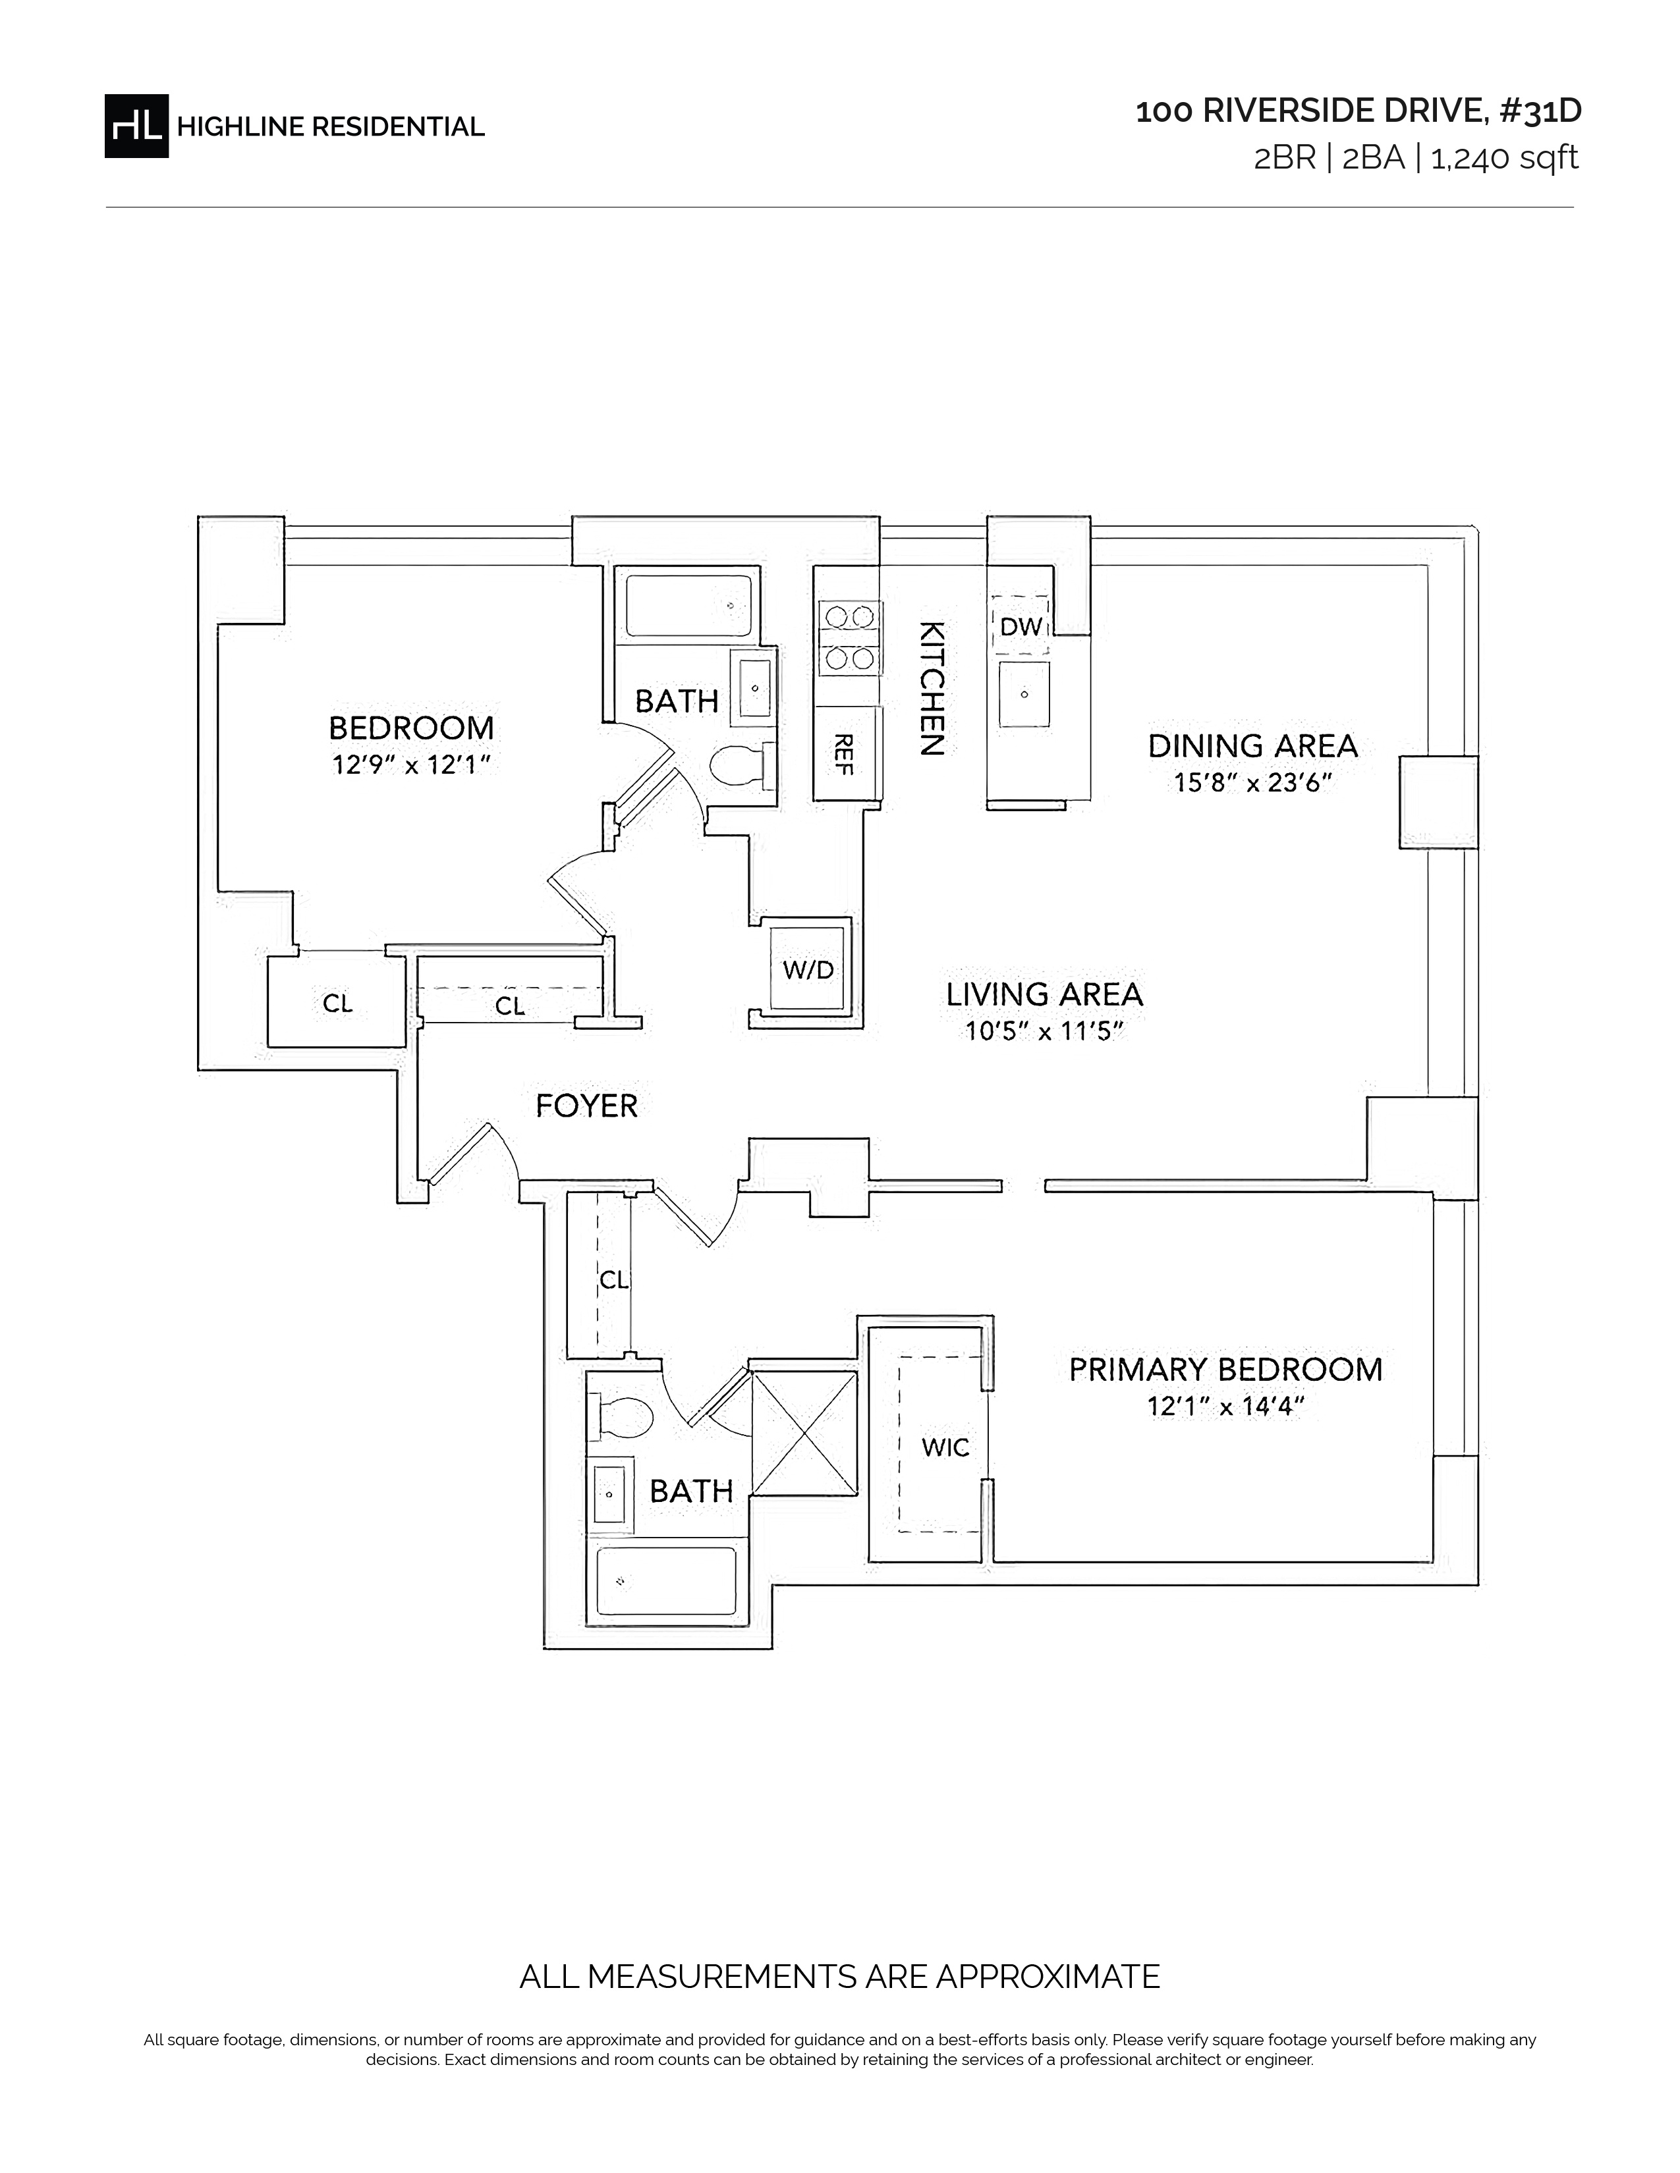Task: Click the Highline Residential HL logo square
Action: (136, 125)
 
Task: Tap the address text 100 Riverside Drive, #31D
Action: (1358, 111)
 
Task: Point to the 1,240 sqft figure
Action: (1504, 158)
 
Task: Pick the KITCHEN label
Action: (930, 689)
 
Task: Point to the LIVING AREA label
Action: (1044, 994)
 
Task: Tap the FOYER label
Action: (586, 1106)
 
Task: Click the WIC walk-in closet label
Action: (945, 1447)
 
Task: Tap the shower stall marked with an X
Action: (804, 1433)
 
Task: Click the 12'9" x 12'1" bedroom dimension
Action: (411, 765)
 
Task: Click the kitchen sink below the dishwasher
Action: (1023, 693)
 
